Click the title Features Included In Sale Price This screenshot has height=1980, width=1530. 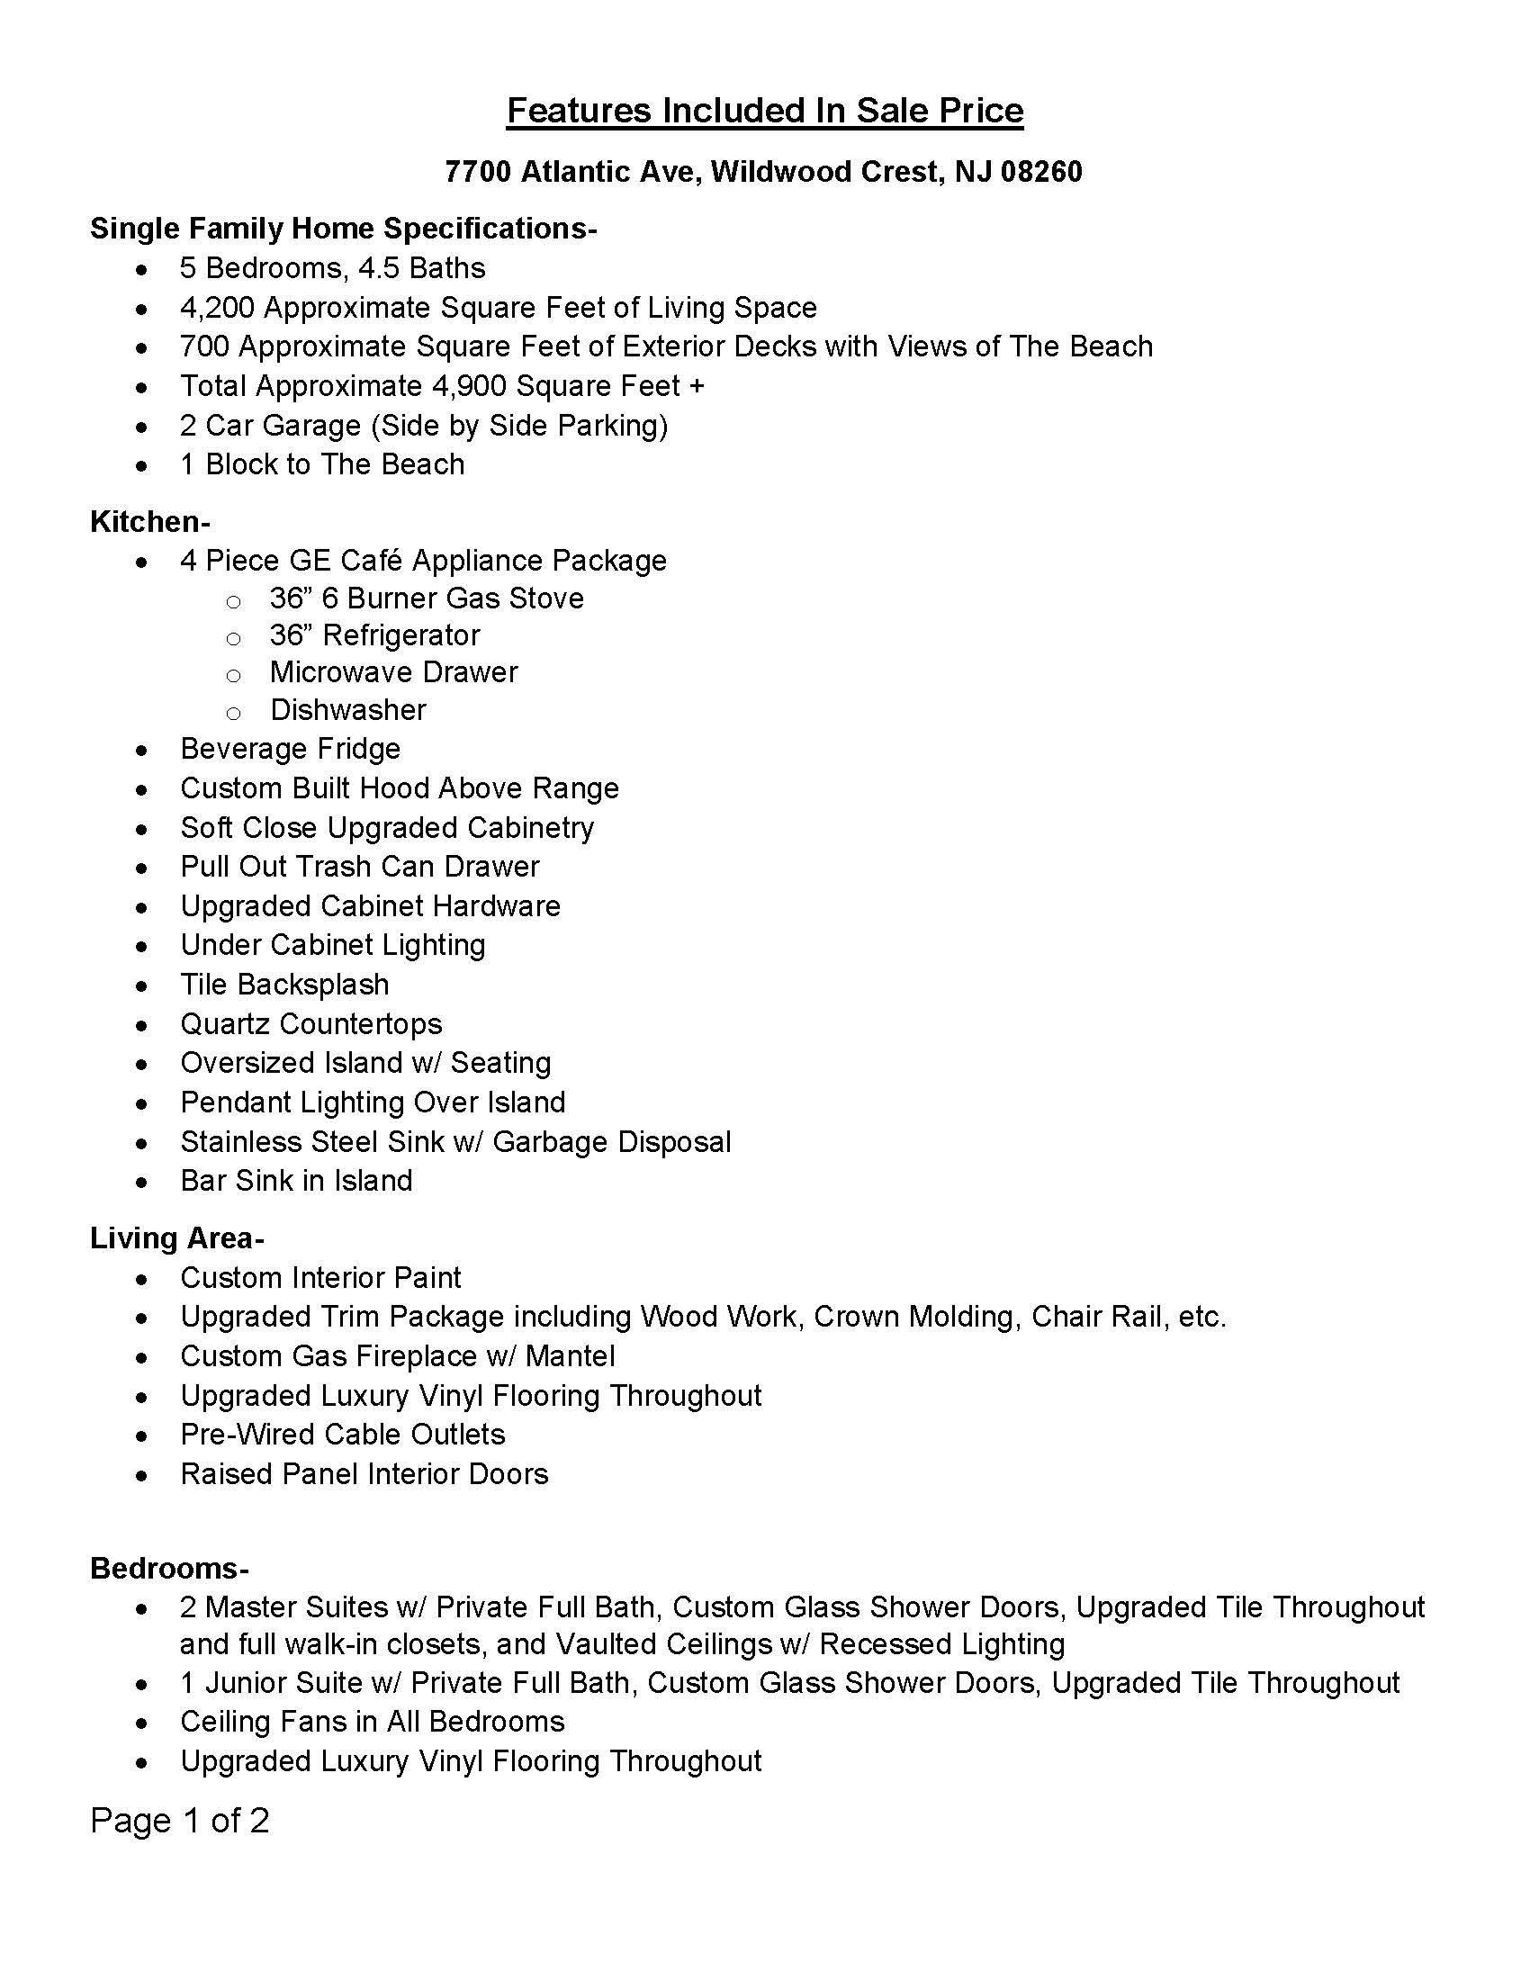(x=765, y=111)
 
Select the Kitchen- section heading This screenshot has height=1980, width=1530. (x=149, y=521)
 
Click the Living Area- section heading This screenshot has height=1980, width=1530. (x=176, y=1237)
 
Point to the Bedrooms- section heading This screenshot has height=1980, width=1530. (x=169, y=1568)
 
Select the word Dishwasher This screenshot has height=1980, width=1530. (x=348, y=710)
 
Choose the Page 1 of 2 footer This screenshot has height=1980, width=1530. (x=179, y=1821)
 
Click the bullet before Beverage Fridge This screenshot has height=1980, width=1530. (x=141, y=751)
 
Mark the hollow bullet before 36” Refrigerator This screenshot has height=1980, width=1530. (x=233, y=638)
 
